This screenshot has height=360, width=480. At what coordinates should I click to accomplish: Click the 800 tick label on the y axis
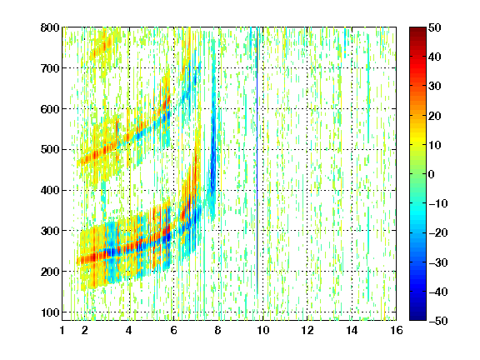click(x=50, y=27)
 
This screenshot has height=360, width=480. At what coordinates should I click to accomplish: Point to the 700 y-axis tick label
click(x=50, y=68)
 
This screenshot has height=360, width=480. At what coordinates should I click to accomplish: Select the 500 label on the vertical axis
click(x=50, y=150)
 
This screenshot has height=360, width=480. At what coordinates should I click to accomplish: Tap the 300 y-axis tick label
click(x=50, y=231)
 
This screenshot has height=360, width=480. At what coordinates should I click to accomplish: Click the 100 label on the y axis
click(x=50, y=312)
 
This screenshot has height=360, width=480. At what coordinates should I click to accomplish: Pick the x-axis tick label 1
click(x=62, y=330)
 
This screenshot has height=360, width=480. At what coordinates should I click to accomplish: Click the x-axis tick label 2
click(x=85, y=330)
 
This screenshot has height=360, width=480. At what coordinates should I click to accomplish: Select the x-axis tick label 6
click(x=173, y=330)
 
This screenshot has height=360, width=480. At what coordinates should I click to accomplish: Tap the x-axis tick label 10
click(x=262, y=330)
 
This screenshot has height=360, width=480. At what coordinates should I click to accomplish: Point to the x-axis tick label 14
click(x=352, y=330)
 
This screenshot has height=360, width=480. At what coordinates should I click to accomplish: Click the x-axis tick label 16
click(x=397, y=330)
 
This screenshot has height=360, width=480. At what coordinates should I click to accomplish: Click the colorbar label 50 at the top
click(x=434, y=27)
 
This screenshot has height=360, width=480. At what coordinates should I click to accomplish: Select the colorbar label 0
click(x=432, y=174)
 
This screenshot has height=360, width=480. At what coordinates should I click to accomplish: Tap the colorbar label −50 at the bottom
click(x=437, y=321)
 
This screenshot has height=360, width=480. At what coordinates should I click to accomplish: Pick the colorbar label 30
click(x=434, y=87)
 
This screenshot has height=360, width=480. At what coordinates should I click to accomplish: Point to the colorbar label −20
click(x=437, y=232)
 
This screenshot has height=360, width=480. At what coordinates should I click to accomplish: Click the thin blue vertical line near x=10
click(x=257, y=159)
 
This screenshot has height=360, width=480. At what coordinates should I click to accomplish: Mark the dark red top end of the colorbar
click(x=417, y=29)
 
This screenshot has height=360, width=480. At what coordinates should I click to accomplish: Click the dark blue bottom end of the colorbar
click(x=417, y=318)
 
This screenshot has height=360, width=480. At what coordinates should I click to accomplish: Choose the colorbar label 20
click(x=434, y=116)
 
